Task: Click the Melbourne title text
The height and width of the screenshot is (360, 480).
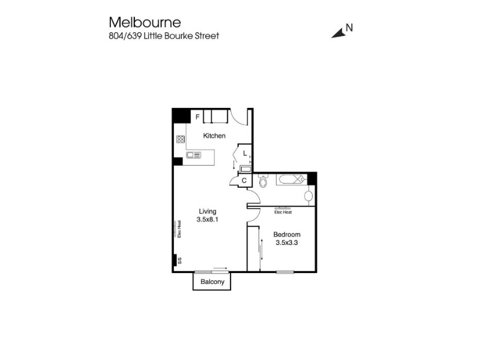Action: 145,22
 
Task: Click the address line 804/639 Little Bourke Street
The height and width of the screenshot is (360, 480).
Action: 164,36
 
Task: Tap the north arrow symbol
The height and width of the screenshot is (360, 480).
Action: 338,33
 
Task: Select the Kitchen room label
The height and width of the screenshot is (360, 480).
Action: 214,136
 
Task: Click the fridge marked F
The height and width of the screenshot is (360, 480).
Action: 197,116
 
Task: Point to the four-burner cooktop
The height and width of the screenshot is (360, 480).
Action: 181,139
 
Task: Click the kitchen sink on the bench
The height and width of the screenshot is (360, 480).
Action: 194,155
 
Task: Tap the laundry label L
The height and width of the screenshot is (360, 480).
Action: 245,154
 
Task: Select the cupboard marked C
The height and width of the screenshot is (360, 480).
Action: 244,181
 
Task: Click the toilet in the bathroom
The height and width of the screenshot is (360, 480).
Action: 263,181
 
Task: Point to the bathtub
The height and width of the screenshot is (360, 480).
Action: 292,179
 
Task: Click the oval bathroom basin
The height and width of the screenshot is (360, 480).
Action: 308,196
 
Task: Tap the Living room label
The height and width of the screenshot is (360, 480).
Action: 208,211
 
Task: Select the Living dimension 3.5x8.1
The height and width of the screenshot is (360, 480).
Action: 208,220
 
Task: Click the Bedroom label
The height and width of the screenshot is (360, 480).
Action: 287,235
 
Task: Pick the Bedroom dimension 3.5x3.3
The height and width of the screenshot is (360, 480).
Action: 287,243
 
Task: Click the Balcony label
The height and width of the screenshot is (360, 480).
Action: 212,281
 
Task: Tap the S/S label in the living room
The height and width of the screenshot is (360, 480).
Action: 180,260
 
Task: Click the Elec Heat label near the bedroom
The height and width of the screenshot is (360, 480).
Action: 283,212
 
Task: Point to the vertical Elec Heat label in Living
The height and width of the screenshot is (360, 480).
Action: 179,229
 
